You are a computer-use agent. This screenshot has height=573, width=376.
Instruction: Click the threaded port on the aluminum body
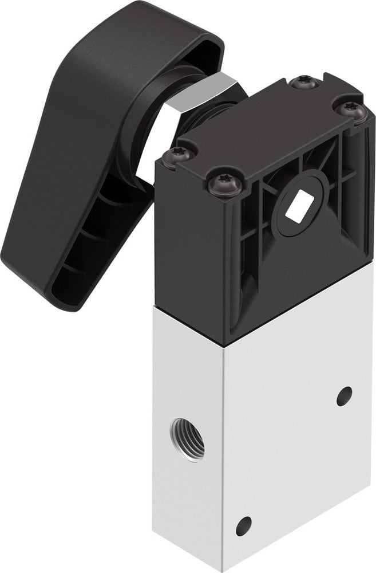188,439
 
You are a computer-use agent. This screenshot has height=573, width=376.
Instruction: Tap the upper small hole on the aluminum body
344,396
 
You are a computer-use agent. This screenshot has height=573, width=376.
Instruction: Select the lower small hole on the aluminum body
243,525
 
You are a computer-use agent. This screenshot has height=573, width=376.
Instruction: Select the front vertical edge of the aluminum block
226,458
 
